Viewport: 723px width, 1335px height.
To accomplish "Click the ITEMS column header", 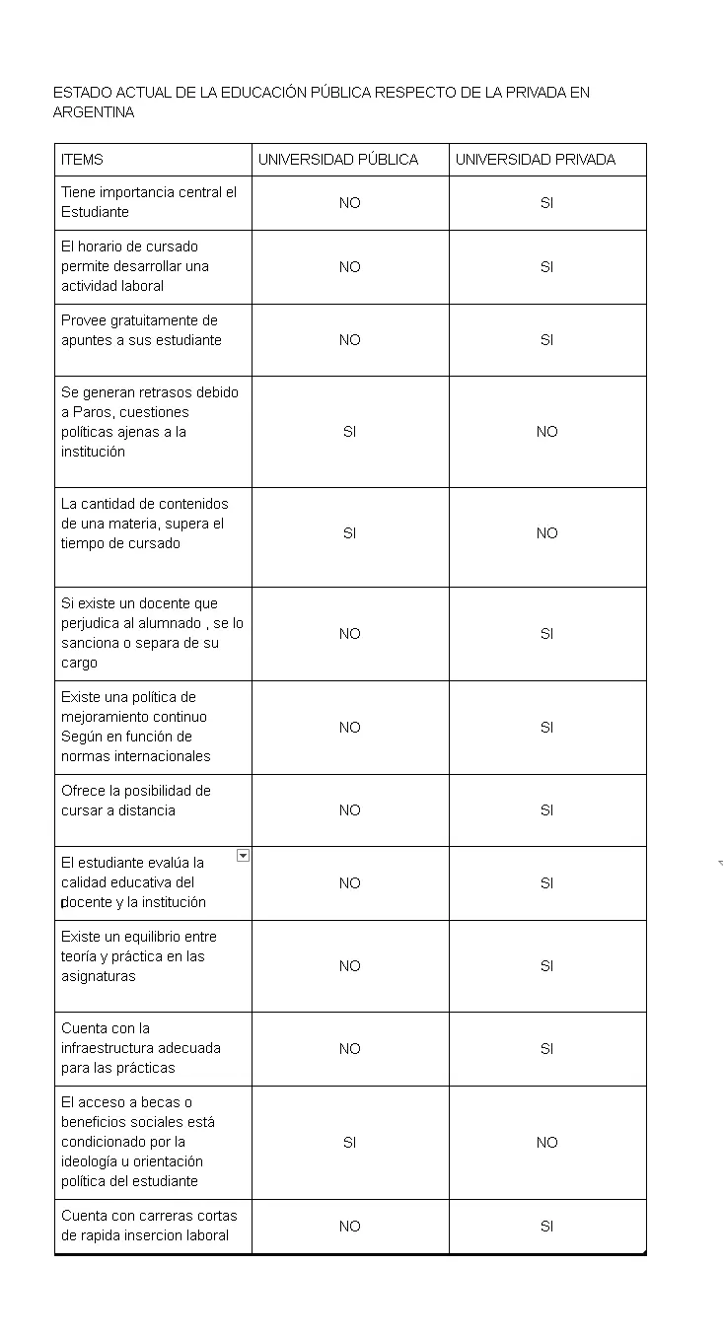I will [x=82, y=160].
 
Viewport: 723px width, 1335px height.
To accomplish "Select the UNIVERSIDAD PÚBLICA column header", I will [x=338, y=160].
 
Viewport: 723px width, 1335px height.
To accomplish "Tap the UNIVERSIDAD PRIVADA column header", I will [x=536, y=160].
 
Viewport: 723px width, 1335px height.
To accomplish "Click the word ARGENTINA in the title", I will [x=94, y=112].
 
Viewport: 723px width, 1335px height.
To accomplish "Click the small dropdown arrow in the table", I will [x=243, y=856].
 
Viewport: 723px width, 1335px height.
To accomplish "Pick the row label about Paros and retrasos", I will [x=150, y=422].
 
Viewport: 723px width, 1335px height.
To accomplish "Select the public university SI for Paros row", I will [x=349, y=432].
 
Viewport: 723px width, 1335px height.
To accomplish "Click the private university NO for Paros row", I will [x=546, y=432].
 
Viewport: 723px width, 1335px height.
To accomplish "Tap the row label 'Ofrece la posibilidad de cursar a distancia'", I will [x=136, y=801].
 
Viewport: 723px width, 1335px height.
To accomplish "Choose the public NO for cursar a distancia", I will [x=349, y=810].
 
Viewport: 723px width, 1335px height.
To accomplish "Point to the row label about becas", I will [x=138, y=1142].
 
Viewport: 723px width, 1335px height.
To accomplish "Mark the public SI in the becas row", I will [x=349, y=1143].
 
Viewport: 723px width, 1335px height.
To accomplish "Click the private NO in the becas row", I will [x=546, y=1143].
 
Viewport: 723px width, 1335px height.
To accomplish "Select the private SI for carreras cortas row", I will [x=546, y=1227].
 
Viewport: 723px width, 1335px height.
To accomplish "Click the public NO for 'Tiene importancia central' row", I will [x=349, y=203].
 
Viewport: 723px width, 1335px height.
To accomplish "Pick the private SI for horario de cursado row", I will [x=546, y=267].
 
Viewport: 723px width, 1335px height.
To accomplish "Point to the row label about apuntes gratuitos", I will [x=141, y=330].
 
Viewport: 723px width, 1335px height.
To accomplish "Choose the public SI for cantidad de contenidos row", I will [x=349, y=533].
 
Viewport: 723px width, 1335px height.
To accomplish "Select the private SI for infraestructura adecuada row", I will [x=546, y=1049].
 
